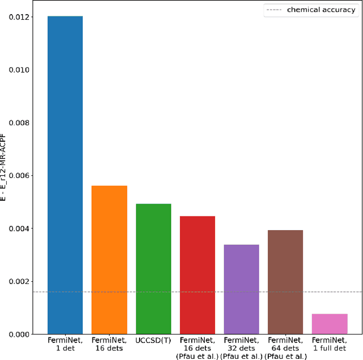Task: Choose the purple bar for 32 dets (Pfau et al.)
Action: click(242, 289)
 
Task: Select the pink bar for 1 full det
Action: click(330, 323)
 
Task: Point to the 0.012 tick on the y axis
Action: click(21, 17)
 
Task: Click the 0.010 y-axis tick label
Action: click(21, 70)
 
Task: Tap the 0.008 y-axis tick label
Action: click(21, 122)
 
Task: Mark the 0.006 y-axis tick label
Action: click(21, 176)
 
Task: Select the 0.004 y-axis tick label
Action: click(21, 228)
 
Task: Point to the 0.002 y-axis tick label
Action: click(21, 281)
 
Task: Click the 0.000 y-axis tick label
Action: click(21, 334)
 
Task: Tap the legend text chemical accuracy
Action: click(321, 10)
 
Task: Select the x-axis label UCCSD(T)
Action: click(153, 341)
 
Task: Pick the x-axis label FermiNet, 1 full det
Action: click(330, 344)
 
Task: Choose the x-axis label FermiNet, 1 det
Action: click(65, 344)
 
